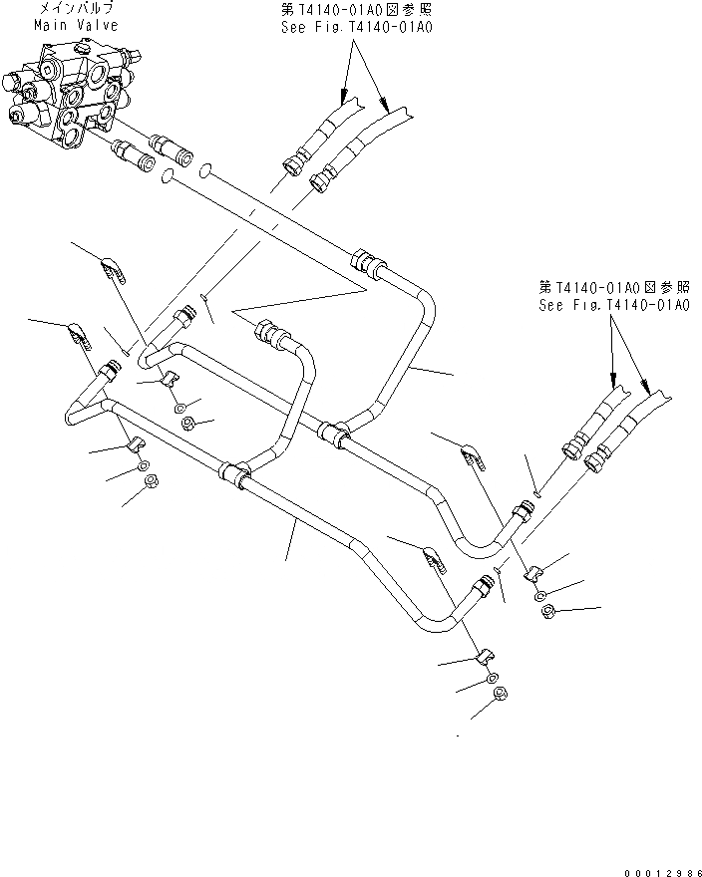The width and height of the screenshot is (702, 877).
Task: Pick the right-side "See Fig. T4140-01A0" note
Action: [x=612, y=304]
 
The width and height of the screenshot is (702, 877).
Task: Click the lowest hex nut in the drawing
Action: [x=501, y=696]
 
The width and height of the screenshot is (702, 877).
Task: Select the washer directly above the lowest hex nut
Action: [x=494, y=678]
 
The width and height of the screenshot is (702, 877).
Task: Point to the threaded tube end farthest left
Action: [x=105, y=374]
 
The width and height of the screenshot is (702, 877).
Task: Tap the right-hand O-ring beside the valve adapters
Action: [x=203, y=169]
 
